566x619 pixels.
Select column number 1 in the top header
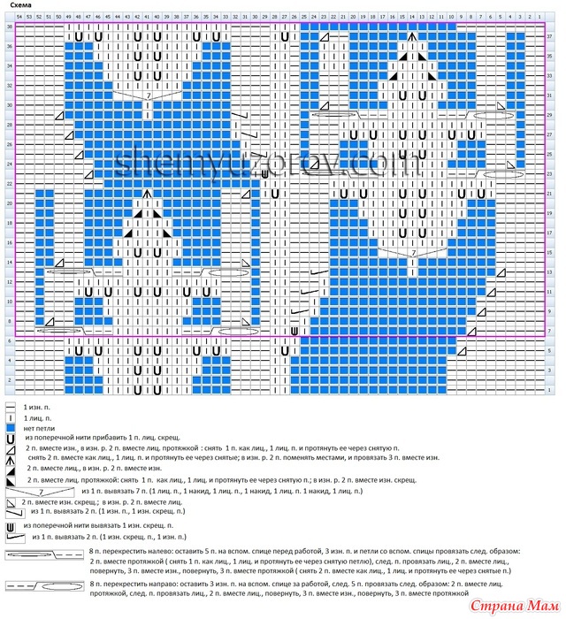click(x=540, y=17)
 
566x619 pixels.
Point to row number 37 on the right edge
click(x=549, y=36)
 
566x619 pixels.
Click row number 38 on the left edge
click(x=10, y=27)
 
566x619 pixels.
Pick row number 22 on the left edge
click(x=10, y=184)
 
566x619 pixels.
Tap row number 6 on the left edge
click(x=10, y=340)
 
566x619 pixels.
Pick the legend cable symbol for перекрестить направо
click(x=42, y=585)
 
